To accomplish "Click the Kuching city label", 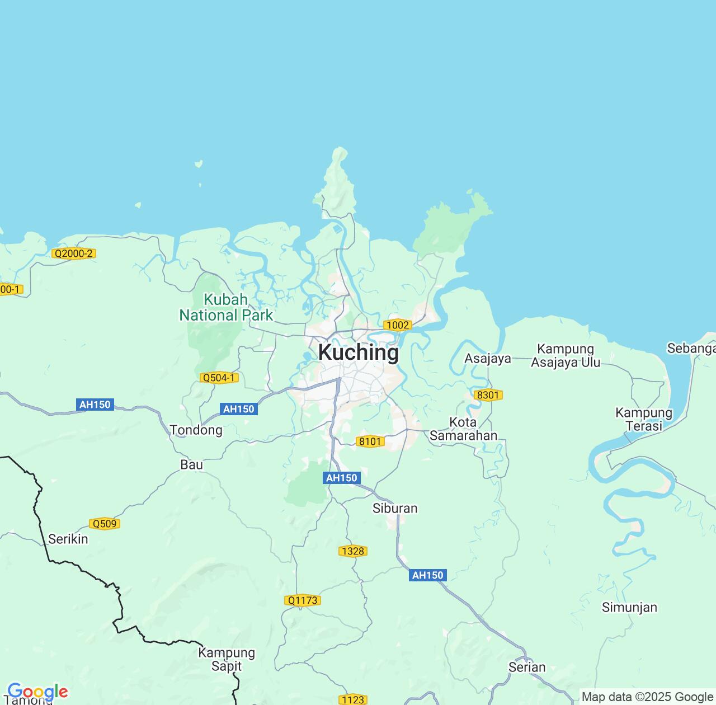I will (359, 353).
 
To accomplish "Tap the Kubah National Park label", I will (226, 308).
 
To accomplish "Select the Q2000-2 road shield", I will (73, 253).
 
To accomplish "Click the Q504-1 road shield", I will (219, 378).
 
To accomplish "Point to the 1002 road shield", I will (398, 325).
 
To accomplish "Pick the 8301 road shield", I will (488, 395).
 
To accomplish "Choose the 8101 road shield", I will (370, 441).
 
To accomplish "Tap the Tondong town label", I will (196, 430).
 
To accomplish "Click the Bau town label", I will (191, 465).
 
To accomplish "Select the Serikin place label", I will (68, 539).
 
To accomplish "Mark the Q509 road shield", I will (105, 524).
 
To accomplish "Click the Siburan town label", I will (395, 509).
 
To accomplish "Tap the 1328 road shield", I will (353, 551).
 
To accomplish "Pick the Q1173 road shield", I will (302, 600).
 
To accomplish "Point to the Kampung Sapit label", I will (227, 660).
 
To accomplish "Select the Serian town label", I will (526, 667).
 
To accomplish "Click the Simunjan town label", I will (629, 608).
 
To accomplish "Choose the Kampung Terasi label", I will (644, 419).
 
